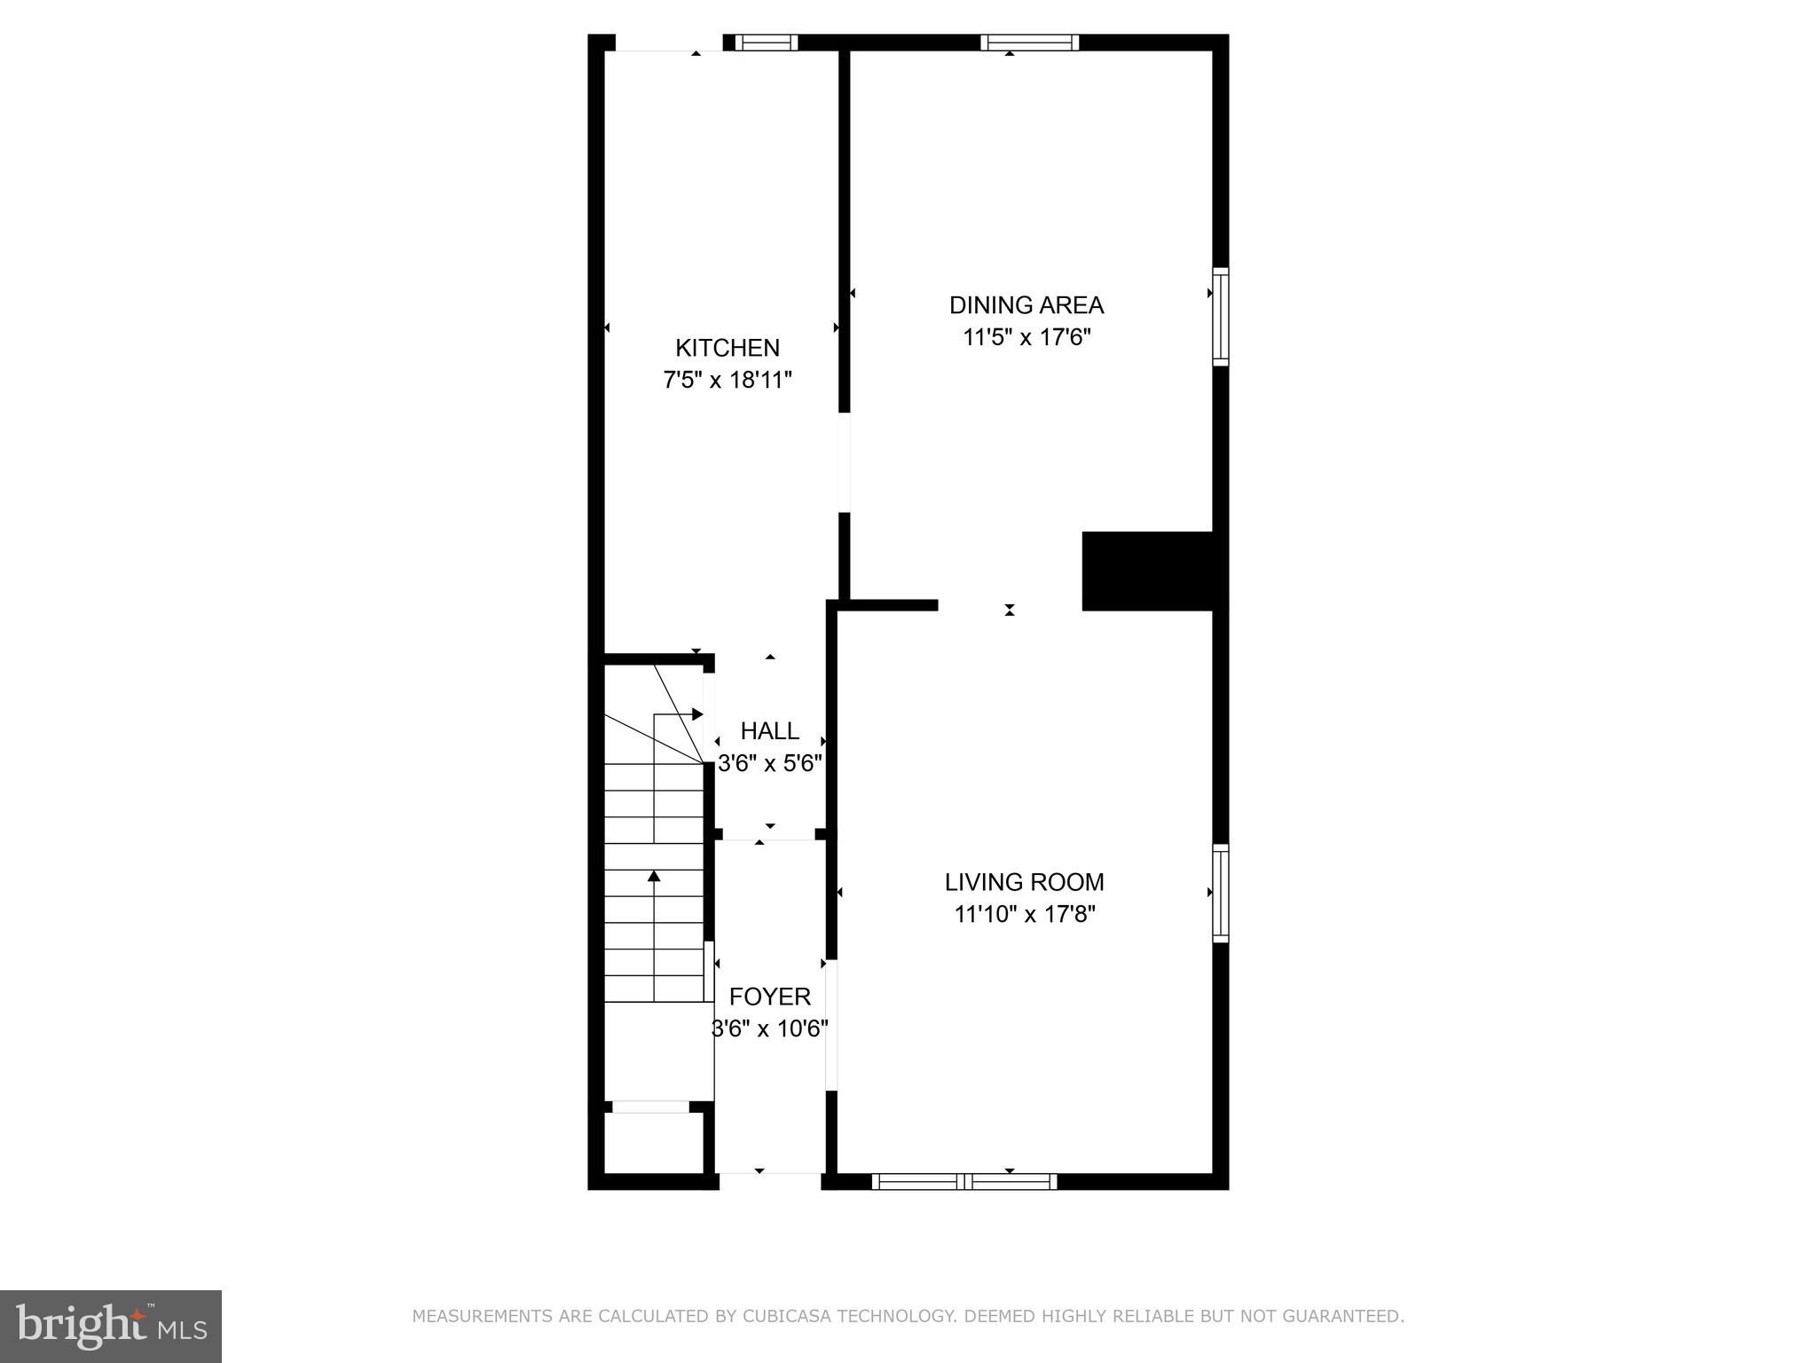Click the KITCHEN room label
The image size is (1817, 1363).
coord(728,348)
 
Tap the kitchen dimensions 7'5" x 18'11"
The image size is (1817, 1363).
coord(728,381)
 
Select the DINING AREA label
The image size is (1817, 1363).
coord(1026,305)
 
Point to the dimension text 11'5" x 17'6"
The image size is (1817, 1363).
coord(1026,338)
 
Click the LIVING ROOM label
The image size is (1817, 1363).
coord(1024,882)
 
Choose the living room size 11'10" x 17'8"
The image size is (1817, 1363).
coord(1025,914)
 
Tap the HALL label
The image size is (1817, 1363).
coord(769,731)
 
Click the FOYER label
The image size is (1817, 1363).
coord(769,997)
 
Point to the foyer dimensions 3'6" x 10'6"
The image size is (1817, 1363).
coord(769,1029)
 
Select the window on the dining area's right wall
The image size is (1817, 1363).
coord(1221,317)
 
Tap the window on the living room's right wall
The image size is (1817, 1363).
coord(1221,893)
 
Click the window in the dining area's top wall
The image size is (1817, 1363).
coord(1029,42)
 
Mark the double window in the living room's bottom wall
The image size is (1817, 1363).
coord(964,1181)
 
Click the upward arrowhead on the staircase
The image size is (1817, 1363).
coord(654,877)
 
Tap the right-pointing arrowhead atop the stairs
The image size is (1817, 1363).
coord(697,714)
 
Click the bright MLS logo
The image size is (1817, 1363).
coord(110,1326)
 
